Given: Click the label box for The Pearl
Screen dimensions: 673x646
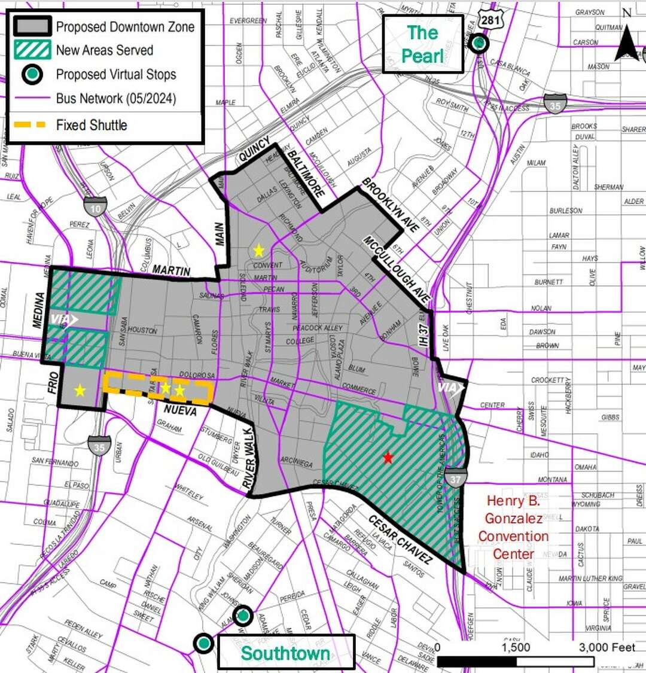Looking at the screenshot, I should point(423,44).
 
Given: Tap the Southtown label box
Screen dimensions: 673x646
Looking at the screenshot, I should point(285,653).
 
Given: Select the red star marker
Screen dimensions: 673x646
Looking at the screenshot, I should point(388,458).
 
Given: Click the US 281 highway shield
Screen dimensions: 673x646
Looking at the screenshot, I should point(499,18).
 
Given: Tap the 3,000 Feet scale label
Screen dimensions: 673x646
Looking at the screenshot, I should point(606,647).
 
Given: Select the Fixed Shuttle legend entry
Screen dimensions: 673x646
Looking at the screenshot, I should point(92,125).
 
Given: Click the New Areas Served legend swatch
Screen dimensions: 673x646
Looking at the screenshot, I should point(32,50).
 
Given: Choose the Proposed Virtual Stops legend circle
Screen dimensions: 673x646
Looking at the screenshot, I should point(32,74).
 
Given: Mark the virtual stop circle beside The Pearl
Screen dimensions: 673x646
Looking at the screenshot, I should point(479,43).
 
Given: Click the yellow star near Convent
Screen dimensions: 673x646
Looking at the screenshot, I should point(258,251).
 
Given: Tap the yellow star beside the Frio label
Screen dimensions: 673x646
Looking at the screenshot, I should point(80,391).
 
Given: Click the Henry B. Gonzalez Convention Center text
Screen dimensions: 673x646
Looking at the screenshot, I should point(513,527).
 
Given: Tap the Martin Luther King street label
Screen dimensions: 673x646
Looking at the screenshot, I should point(590,578).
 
